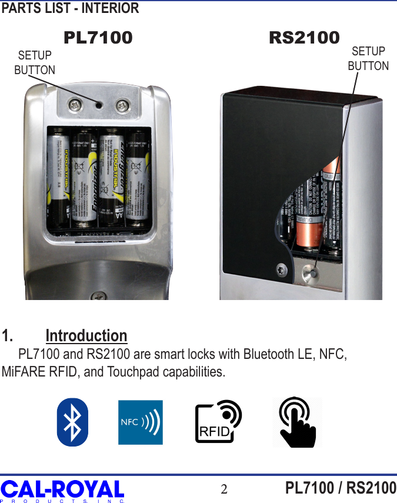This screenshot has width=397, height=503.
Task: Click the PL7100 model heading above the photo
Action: [x=98, y=38]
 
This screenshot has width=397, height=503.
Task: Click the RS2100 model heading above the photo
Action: [x=304, y=38]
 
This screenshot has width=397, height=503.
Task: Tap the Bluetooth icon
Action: [x=72, y=422]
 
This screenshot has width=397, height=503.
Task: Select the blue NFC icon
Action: [x=141, y=422]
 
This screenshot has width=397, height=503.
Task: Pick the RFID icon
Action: [x=218, y=422]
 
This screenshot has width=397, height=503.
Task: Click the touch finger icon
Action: [x=297, y=422]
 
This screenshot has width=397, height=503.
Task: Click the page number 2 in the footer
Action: [x=224, y=489]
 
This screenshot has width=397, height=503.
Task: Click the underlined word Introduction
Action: [x=86, y=336]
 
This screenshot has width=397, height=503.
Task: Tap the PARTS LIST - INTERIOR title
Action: [x=71, y=8]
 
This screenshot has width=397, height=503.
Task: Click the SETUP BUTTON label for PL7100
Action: [x=35, y=62]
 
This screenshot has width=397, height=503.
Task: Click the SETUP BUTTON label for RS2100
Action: [x=368, y=58]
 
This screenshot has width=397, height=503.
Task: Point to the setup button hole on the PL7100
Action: [x=98, y=105]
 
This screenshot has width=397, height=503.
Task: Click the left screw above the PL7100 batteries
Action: [x=75, y=106]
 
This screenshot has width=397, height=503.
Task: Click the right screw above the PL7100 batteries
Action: [x=122, y=106]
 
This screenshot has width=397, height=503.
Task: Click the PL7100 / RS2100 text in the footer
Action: [x=341, y=488]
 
